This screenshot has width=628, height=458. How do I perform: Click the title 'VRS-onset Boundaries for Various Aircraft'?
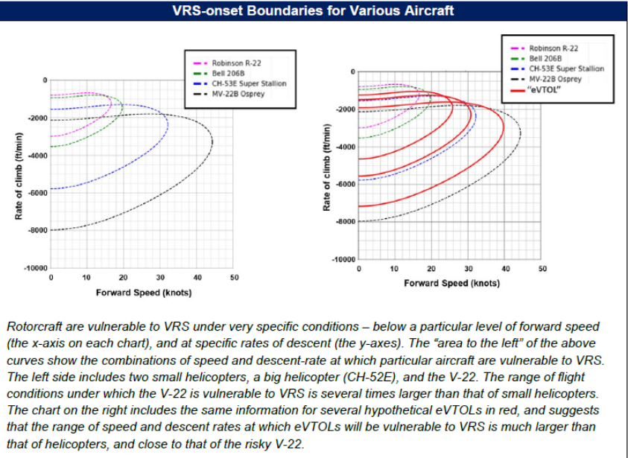(313, 10)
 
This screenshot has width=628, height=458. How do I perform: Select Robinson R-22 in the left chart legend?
(236, 63)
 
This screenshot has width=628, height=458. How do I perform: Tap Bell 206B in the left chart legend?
(228, 73)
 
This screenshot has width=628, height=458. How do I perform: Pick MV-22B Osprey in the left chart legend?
(238, 94)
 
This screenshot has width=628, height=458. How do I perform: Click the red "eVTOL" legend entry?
(544, 89)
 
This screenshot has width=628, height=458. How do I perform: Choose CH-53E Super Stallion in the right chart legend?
(566, 69)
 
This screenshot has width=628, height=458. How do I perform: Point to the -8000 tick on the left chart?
(37, 230)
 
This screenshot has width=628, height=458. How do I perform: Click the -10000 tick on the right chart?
(343, 259)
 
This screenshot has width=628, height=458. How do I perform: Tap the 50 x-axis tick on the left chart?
(235, 278)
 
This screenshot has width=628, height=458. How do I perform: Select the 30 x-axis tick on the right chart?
(469, 269)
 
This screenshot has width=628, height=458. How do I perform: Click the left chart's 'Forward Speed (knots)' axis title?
(144, 293)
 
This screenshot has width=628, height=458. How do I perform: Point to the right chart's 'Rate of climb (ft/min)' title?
(327, 168)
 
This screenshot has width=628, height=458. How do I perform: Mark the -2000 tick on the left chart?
(37, 118)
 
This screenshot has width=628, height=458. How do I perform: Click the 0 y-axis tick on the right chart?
(353, 71)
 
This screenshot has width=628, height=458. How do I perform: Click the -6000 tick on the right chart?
(345, 184)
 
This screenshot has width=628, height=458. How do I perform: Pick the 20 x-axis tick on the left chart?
(124, 278)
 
